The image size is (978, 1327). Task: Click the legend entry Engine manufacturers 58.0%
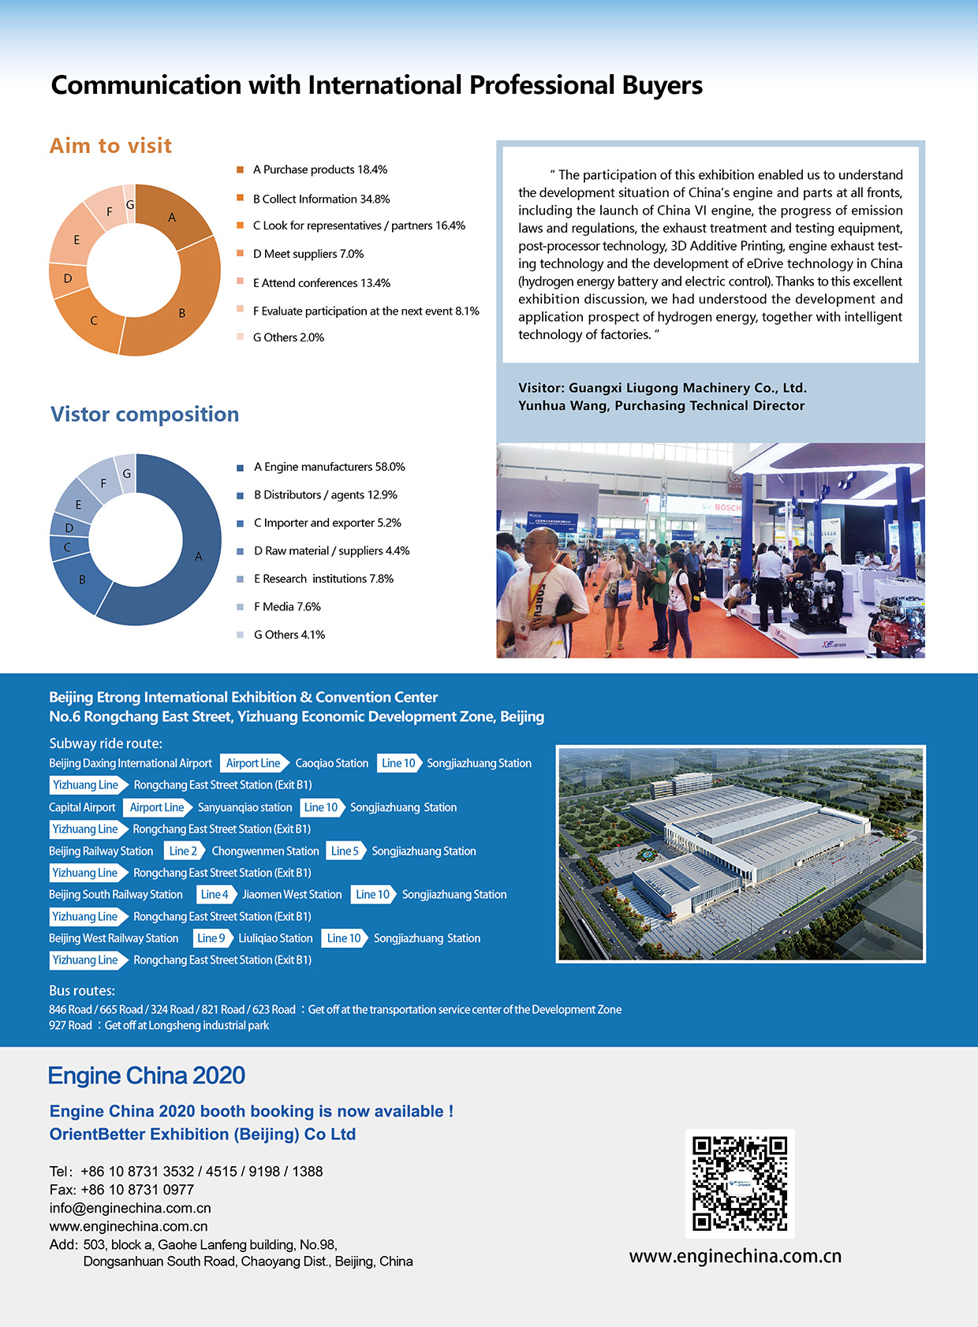tap(329, 467)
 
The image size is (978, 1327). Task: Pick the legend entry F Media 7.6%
tap(286, 606)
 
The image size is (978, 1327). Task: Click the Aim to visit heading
tap(110, 146)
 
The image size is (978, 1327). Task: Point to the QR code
tap(739, 1183)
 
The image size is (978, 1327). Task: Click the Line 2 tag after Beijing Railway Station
tap(184, 852)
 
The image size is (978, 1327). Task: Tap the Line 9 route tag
tap(211, 938)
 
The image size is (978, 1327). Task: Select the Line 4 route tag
tap(215, 895)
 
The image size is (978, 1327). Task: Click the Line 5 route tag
tap(345, 852)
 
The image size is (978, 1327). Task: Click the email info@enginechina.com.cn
tap(130, 1208)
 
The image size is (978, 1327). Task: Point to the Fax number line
tap(121, 1190)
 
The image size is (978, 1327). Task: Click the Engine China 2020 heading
tap(147, 1075)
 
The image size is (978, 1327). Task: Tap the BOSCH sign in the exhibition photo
tap(726, 508)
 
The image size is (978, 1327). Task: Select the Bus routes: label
tap(82, 991)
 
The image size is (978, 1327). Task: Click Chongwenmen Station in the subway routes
tap(265, 852)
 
